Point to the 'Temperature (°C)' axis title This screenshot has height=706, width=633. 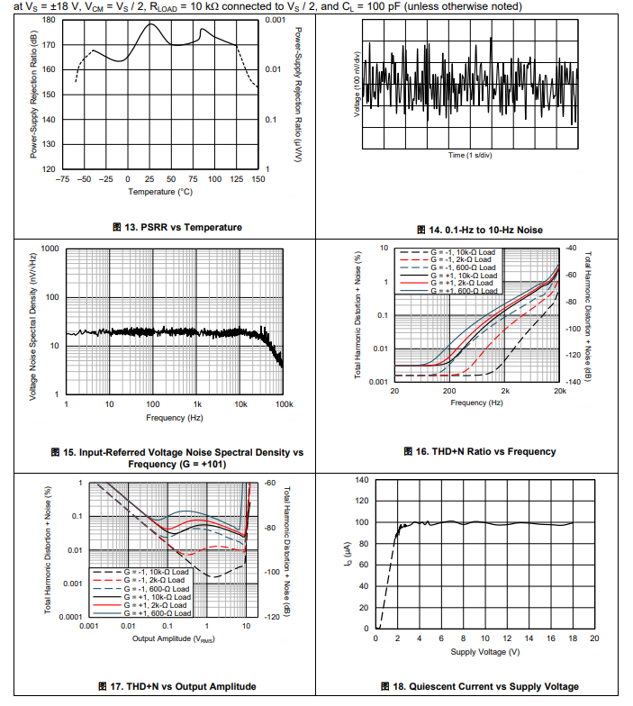tap(160, 191)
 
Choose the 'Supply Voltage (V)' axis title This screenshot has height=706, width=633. tap(485, 651)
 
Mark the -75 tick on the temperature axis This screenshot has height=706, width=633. tap(63, 179)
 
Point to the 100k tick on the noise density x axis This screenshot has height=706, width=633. tap(284, 404)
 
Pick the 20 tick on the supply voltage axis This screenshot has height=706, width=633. tap(593, 638)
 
